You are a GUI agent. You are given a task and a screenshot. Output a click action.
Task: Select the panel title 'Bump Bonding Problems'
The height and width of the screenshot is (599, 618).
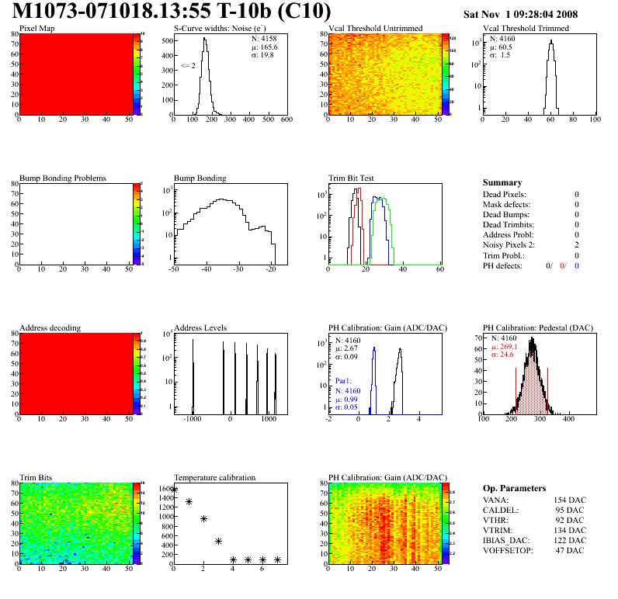click(62, 178)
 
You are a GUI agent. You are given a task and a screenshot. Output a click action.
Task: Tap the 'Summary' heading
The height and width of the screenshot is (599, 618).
click(502, 182)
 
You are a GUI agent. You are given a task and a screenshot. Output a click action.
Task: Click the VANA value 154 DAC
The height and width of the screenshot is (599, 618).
click(571, 500)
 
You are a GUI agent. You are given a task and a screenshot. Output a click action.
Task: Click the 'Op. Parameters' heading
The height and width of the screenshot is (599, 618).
click(513, 488)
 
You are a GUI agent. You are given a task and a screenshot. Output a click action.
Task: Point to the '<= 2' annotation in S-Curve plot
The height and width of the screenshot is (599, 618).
click(188, 66)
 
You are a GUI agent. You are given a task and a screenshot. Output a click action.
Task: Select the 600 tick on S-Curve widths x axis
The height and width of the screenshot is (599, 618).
click(286, 120)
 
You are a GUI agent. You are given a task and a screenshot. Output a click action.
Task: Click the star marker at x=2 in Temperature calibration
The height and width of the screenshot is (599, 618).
click(203, 518)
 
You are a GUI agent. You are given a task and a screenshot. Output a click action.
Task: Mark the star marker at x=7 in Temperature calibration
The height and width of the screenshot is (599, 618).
click(277, 559)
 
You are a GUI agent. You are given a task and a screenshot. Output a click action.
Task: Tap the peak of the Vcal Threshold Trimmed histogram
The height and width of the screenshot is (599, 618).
click(550, 43)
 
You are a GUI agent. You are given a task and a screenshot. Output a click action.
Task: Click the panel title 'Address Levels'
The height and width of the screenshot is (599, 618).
click(200, 328)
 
